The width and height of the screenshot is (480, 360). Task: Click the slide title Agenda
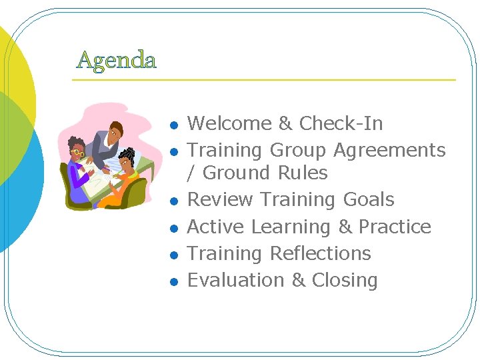tap(117, 60)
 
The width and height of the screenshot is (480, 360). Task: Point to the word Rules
tap(303, 173)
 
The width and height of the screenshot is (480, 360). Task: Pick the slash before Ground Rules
tap(191, 173)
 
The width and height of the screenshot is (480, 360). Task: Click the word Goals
tap(369, 200)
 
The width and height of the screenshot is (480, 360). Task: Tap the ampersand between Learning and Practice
tap(345, 227)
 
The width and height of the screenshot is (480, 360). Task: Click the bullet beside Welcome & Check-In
tap(173, 125)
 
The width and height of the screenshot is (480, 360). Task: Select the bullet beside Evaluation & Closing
tap(173, 282)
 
